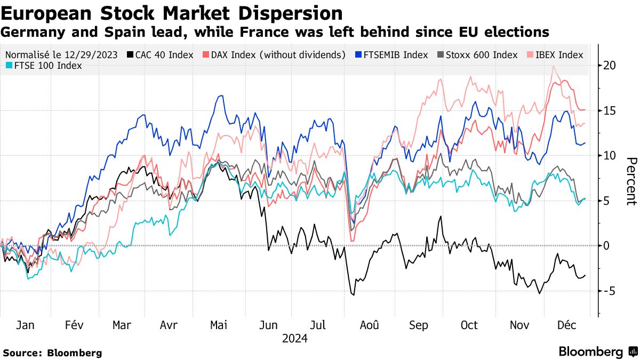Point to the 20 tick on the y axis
[610, 66]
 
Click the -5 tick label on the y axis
[610, 291]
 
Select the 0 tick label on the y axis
[606, 246]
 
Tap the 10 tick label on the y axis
[610, 156]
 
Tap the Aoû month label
[369, 325]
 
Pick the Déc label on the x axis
[566, 325]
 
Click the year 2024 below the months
[295, 339]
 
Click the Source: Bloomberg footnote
[52, 353]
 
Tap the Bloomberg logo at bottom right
[597, 352]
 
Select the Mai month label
[219, 325]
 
